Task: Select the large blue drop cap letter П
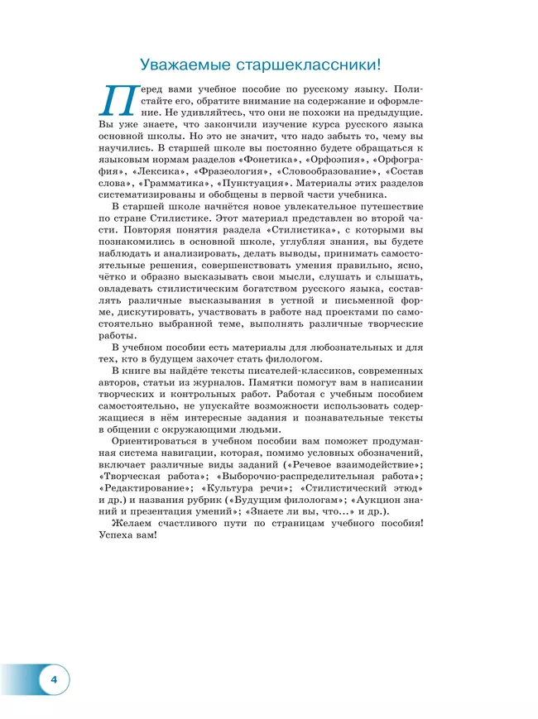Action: pos(118,99)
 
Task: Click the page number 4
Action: pos(54,679)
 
